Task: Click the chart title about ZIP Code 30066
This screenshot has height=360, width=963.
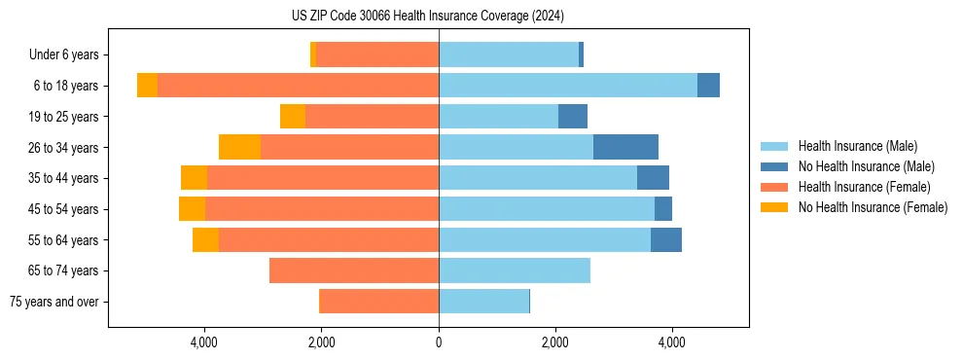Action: [427, 17]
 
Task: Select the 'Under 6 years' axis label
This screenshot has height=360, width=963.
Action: [70, 55]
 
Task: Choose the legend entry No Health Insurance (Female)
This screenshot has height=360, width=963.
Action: [873, 207]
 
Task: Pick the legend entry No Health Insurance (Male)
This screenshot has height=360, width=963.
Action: [866, 166]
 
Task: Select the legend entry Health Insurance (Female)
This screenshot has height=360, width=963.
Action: [864, 187]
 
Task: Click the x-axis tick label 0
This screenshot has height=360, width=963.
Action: [439, 343]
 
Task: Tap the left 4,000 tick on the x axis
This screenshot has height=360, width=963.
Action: [204, 343]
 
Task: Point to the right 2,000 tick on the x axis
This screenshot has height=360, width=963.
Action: [555, 343]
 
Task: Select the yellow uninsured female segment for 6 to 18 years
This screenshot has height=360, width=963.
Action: [147, 86]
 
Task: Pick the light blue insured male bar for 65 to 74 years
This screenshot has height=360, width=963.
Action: [515, 270]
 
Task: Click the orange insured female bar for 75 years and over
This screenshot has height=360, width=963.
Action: [379, 302]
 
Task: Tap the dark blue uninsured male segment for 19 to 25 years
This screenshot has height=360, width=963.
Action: [573, 117]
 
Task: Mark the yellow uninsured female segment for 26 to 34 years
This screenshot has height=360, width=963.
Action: [239, 147]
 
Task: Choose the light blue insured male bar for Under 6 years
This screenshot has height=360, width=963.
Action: [509, 55]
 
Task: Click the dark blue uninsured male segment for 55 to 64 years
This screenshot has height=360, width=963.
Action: [666, 239]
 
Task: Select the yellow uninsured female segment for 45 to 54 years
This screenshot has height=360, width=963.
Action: [192, 209]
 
